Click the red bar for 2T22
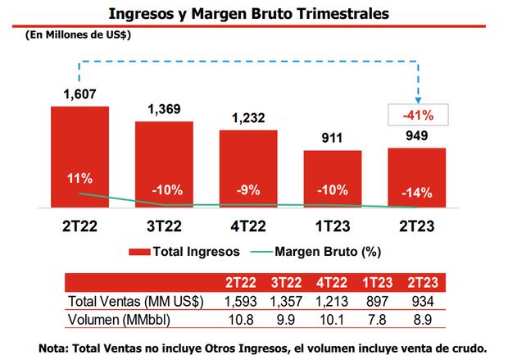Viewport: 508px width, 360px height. (x=79, y=157)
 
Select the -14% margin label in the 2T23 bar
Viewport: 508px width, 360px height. (x=416, y=194)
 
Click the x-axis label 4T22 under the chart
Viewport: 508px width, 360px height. (x=248, y=225)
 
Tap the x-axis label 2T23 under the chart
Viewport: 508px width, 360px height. (x=416, y=225)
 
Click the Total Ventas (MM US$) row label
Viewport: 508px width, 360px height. (x=134, y=299)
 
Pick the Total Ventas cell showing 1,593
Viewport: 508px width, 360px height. (x=242, y=299)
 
